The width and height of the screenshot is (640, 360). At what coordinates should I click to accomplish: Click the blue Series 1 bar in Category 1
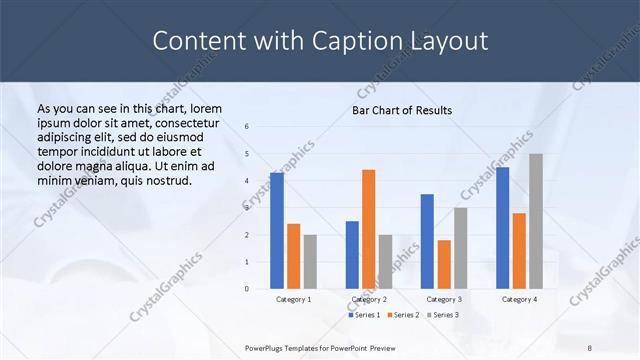tap(277, 231)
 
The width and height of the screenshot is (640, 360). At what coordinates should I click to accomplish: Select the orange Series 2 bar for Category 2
tap(369, 229)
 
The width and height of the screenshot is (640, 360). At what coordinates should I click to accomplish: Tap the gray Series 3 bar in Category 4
tap(536, 221)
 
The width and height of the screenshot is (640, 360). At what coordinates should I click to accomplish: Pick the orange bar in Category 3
tap(444, 264)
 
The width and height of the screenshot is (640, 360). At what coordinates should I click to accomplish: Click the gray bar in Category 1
tap(310, 262)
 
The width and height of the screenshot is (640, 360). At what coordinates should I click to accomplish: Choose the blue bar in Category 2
tap(352, 255)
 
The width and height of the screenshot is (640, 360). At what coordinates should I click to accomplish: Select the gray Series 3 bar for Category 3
tap(461, 248)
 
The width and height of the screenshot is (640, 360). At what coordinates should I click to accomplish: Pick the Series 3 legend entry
tap(444, 315)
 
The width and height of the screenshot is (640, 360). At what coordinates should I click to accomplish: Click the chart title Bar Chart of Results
tap(402, 110)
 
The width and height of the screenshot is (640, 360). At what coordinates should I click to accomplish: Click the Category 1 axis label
tap(293, 299)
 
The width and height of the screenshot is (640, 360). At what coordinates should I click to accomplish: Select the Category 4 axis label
tap(519, 299)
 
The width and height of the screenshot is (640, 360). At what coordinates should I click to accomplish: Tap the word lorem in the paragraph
tap(205, 108)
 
